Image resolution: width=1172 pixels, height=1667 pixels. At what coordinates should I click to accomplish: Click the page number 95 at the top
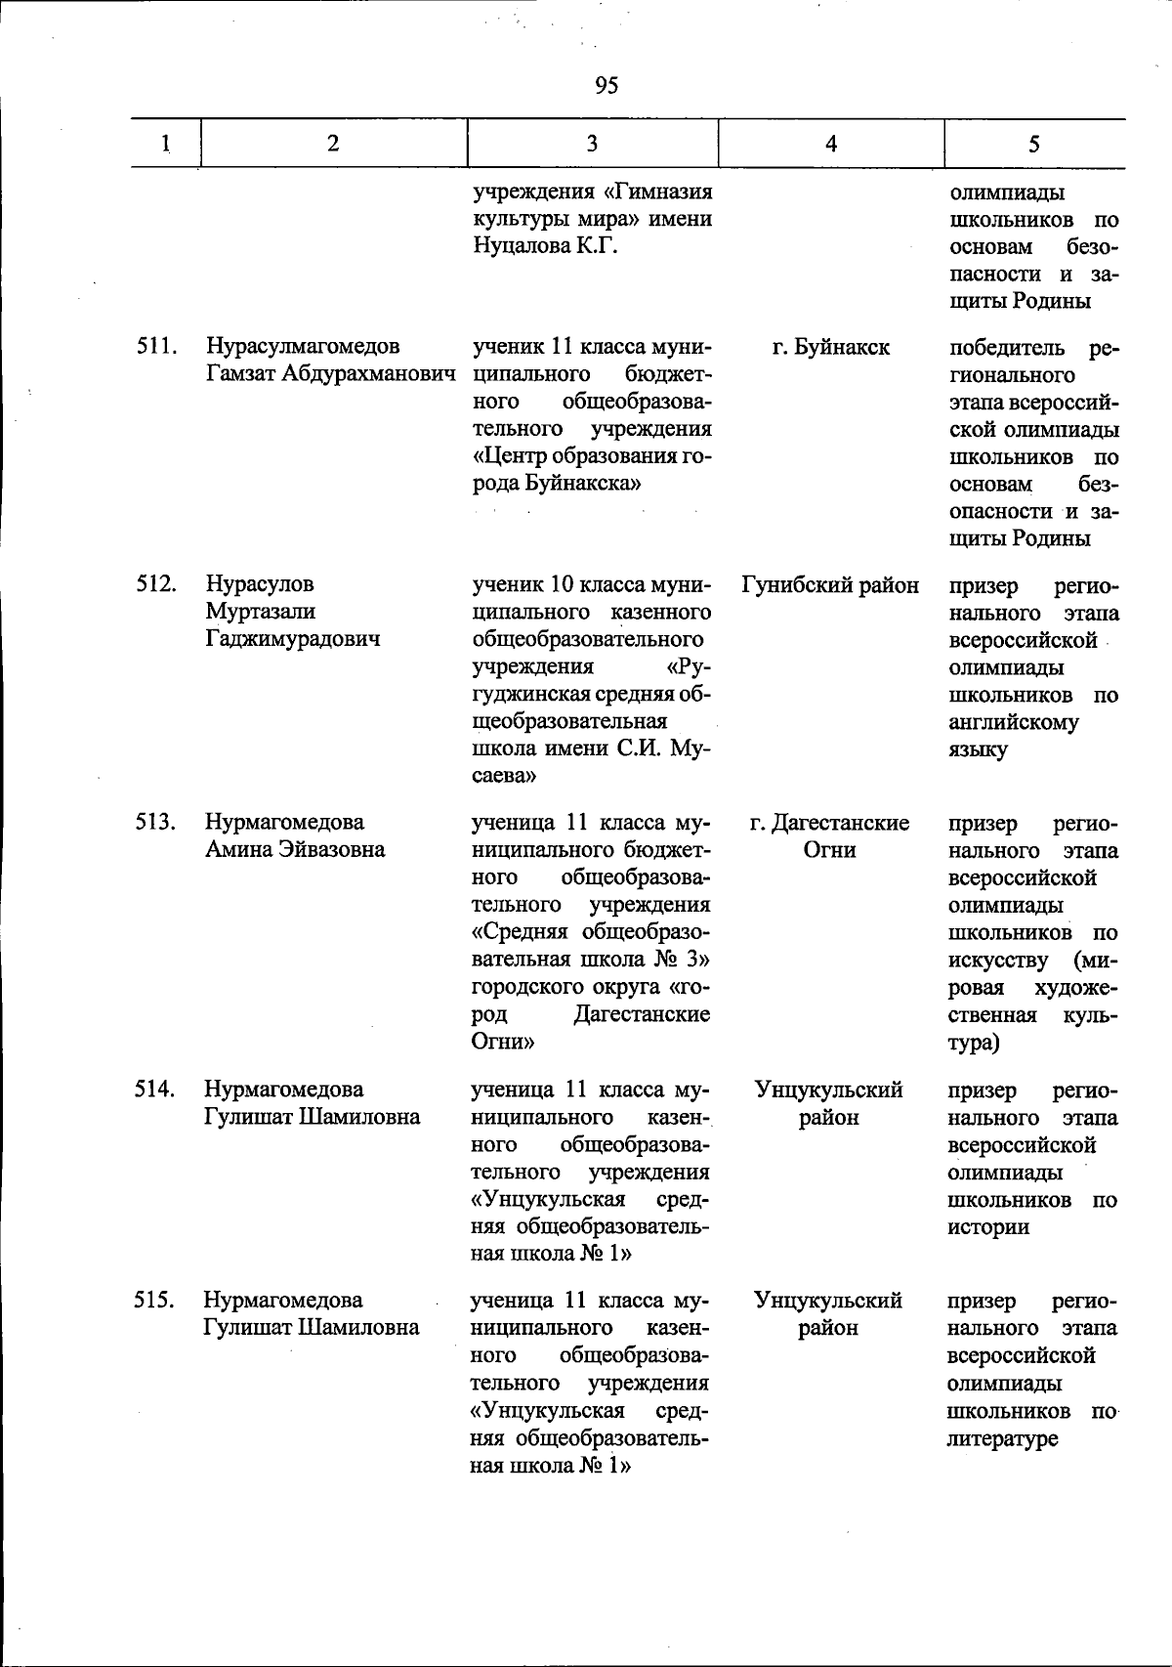tap(606, 86)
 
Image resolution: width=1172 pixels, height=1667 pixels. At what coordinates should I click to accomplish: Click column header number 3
tap(592, 144)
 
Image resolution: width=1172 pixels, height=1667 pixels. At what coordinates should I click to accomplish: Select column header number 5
tap(1033, 144)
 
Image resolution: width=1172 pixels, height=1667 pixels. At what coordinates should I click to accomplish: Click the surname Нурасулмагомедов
tap(303, 347)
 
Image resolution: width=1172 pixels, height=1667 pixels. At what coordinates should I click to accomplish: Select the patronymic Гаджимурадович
tap(293, 639)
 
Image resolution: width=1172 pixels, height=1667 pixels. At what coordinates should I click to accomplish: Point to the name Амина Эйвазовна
tap(295, 850)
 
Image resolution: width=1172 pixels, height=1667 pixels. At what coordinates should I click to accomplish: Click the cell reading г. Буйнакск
tap(830, 347)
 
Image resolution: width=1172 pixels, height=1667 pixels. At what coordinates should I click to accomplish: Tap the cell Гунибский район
tap(830, 584)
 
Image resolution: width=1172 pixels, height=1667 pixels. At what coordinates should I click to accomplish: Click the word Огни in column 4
tap(829, 850)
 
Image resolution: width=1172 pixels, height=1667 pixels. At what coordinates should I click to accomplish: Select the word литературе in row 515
tap(1002, 1438)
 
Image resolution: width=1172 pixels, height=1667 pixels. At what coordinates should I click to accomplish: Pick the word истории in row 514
tap(988, 1227)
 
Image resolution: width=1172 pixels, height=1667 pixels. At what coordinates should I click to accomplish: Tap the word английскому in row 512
tap(1014, 723)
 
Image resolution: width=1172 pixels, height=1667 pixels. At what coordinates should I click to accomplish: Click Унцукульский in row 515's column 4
tap(828, 1301)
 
